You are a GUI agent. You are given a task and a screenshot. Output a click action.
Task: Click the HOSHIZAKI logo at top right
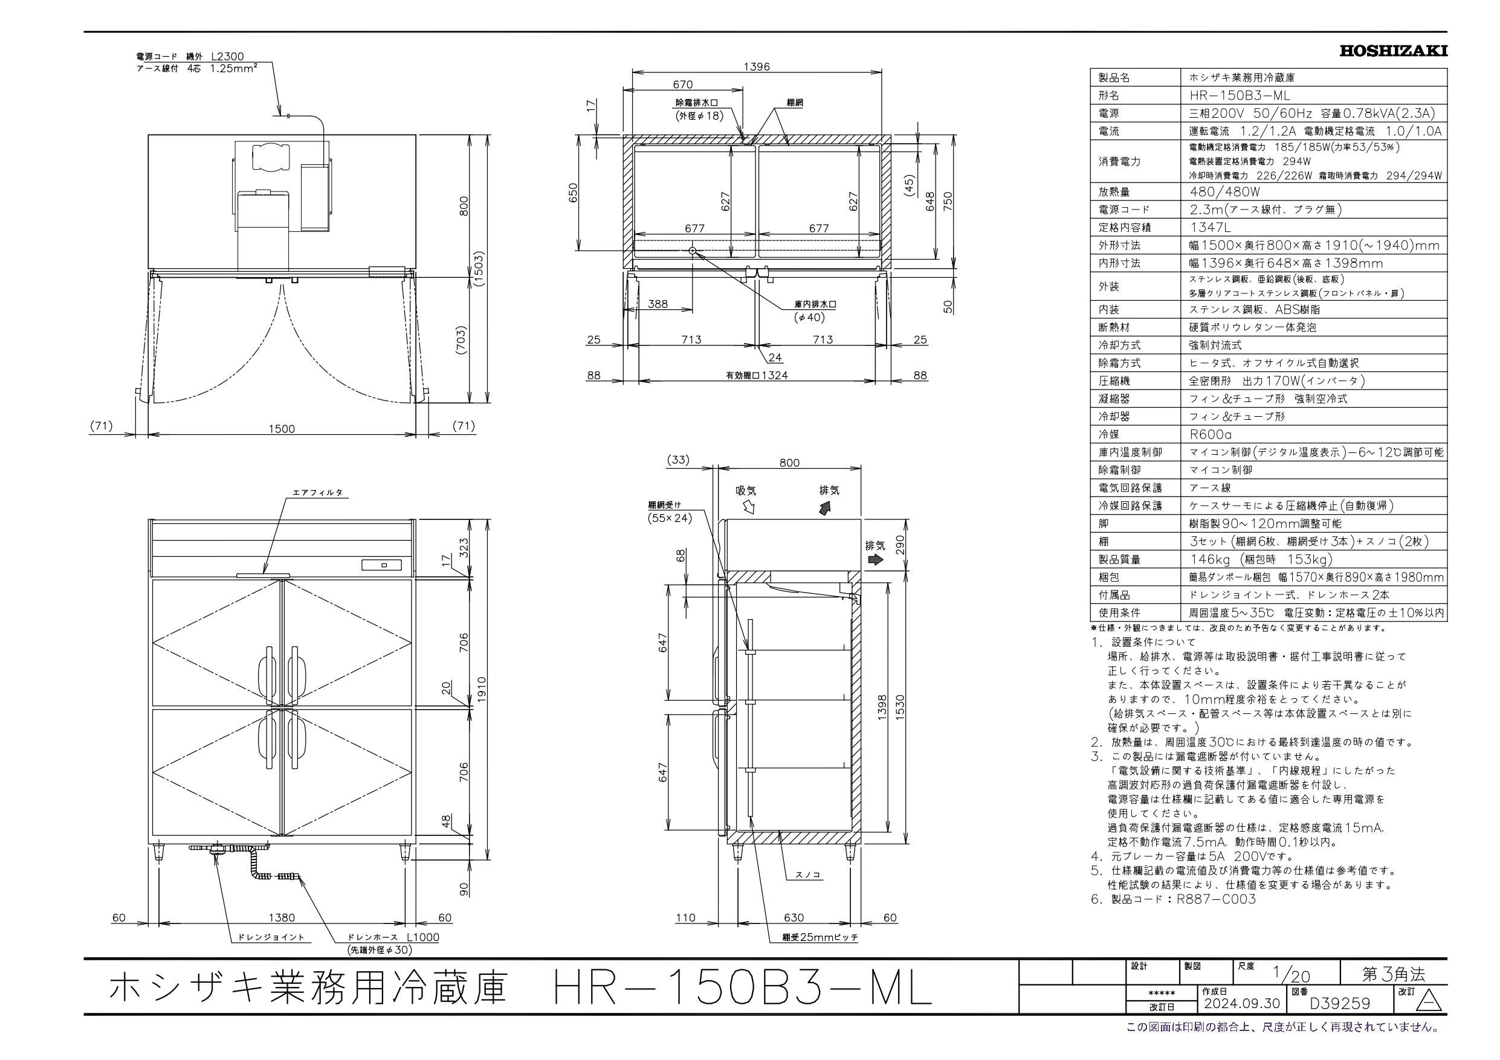1393,51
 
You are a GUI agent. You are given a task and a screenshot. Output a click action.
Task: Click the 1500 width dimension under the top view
282,428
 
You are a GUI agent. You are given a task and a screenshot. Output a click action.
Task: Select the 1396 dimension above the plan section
757,66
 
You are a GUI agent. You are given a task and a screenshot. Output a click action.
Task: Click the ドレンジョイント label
271,937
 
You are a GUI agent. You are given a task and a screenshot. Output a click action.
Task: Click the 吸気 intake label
746,490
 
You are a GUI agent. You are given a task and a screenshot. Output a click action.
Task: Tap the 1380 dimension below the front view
282,917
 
